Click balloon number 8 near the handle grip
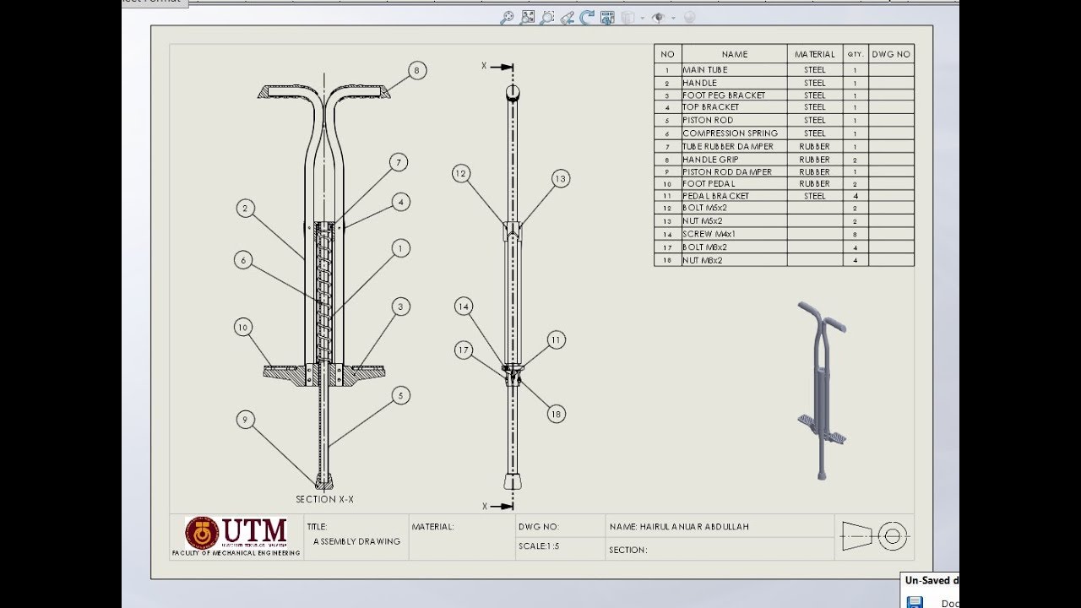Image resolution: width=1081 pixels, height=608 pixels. (x=416, y=71)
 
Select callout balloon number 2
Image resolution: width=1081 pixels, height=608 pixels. (x=246, y=208)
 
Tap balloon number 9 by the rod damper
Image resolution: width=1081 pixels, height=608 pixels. (x=246, y=419)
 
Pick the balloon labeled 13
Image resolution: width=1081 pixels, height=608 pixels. (x=561, y=178)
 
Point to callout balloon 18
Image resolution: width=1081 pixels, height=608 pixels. (x=556, y=414)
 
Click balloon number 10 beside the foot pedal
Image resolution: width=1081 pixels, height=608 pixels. (x=243, y=328)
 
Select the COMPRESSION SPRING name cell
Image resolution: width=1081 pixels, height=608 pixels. (x=731, y=133)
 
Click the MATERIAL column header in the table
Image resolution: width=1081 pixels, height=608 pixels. (x=815, y=54)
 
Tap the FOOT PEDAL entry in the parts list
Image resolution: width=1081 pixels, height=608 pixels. (x=709, y=184)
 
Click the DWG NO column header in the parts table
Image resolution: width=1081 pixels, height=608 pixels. (x=891, y=54)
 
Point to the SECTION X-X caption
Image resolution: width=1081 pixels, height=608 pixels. (x=324, y=499)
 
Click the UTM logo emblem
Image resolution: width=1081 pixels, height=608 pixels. (x=202, y=533)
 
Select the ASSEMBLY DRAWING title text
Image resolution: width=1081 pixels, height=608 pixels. (x=356, y=541)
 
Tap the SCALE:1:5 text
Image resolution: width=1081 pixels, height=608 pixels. (x=539, y=546)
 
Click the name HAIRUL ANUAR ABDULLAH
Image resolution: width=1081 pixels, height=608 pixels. (x=679, y=527)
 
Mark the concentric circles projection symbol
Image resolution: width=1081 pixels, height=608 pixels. (x=893, y=536)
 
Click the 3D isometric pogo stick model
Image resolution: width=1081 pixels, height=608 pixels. (x=820, y=388)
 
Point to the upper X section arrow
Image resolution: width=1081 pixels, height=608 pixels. (x=502, y=66)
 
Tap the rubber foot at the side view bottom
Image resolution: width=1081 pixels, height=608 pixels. (x=513, y=481)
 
